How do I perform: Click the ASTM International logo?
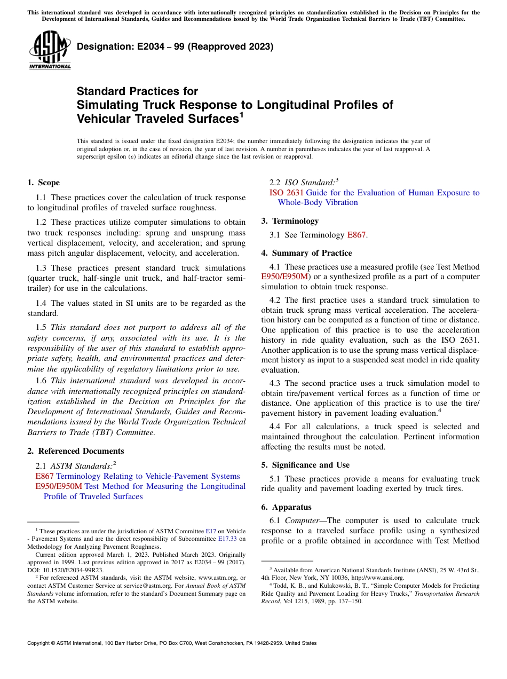coord(50,50)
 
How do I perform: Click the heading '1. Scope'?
coord(43,183)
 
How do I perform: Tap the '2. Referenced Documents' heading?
coord(75,451)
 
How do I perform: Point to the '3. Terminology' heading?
coord(290,220)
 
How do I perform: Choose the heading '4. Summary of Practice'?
coord(306,253)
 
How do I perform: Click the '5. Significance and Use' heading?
coord(305,465)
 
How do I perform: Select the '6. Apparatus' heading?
coord(286,507)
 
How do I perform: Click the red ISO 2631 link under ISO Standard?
coord(287,193)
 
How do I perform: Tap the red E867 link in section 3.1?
coord(356,235)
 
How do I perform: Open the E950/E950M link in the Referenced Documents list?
coord(59,486)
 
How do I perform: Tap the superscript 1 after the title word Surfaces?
coord(242,114)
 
